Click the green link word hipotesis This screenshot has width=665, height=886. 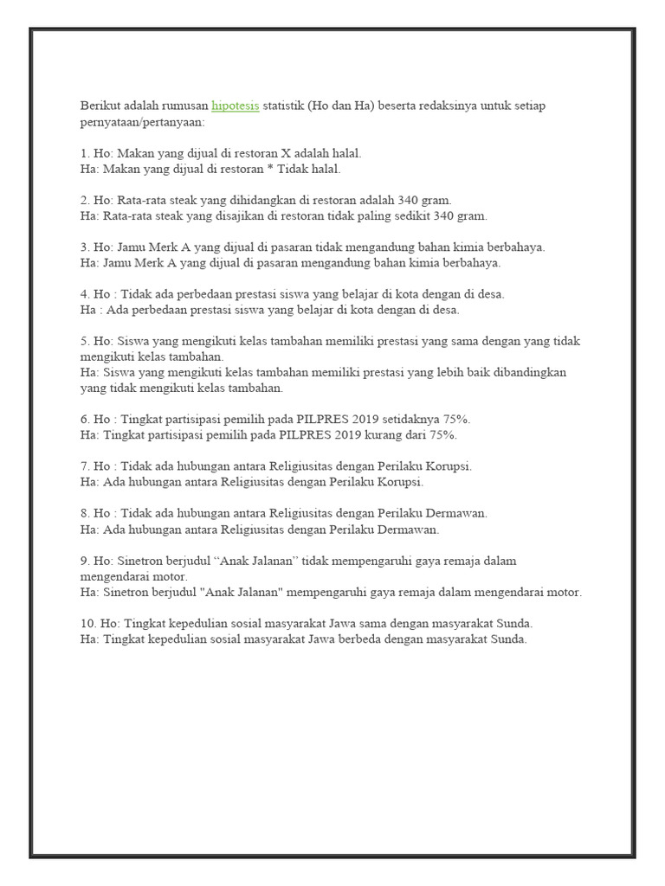click(235, 106)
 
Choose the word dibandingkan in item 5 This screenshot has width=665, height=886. click(531, 372)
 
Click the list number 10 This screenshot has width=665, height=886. click(87, 624)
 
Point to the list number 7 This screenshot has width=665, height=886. click(83, 466)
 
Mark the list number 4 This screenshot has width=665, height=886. click(83, 294)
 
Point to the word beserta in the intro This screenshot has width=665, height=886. click(410, 106)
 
